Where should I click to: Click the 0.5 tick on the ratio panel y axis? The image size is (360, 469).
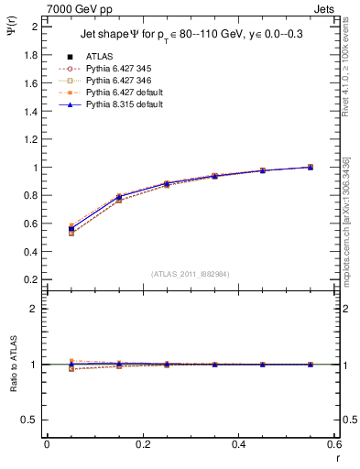(x=31, y=420)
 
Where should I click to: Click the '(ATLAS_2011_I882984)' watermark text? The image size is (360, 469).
(x=191, y=273)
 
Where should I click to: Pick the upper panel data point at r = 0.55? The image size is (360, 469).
(x=311, y=167)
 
